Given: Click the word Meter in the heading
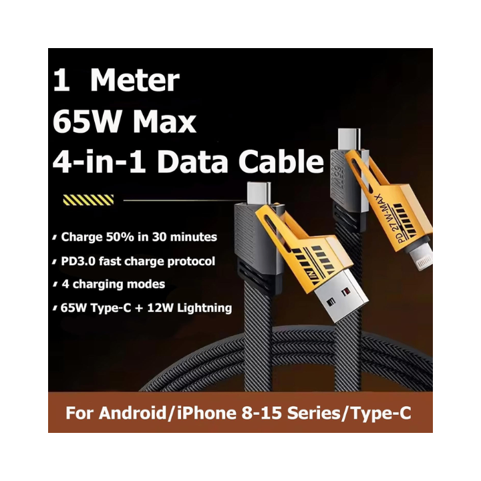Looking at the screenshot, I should pyautogui.click(x=134, y=81).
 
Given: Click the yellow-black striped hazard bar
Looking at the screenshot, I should pyautogui.click(x=88, y=200).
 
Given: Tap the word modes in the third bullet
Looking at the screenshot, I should pyautogui.click(x=146, y=285).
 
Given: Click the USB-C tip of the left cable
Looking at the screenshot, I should pyautogui.click(x=258, y=193).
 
